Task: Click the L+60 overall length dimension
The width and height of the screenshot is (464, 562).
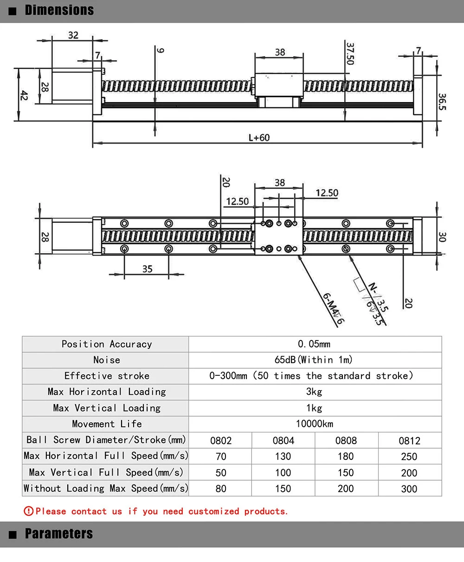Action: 259,137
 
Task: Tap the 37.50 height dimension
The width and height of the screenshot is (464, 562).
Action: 350,53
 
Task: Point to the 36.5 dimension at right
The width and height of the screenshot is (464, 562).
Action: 442,101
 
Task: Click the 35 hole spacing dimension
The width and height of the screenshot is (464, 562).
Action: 147,269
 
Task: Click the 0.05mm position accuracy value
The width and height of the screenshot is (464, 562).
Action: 314,344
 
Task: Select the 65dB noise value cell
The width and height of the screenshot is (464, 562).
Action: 314,360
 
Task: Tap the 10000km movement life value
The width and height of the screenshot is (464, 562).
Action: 314,424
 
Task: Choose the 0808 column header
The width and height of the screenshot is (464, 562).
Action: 346,440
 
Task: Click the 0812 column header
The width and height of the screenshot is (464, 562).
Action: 409,440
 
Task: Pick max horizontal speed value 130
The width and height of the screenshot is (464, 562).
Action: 283,457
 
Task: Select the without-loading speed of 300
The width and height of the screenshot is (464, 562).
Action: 409,489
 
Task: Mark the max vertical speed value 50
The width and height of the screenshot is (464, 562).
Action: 221,473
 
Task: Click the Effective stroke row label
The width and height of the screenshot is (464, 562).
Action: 107,376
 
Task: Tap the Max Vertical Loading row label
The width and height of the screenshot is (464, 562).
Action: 107,408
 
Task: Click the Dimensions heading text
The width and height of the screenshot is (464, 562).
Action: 59,10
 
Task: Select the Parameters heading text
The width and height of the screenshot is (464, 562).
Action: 59,534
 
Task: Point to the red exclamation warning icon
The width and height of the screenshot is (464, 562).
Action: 28,511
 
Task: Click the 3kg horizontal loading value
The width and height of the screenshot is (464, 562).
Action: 314,392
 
